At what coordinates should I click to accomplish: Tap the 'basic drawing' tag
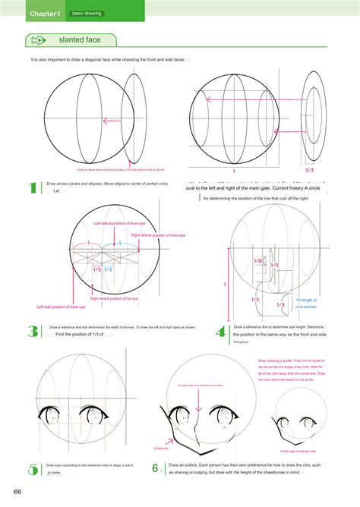click(x=87, y=14)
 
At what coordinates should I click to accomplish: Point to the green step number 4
click(x=221, y=331)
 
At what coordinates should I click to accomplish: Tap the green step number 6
click(x=155, y=468)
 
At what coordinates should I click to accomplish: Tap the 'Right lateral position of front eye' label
click(x=163, y=235)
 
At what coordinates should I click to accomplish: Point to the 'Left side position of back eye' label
click(x=60, y=307)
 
